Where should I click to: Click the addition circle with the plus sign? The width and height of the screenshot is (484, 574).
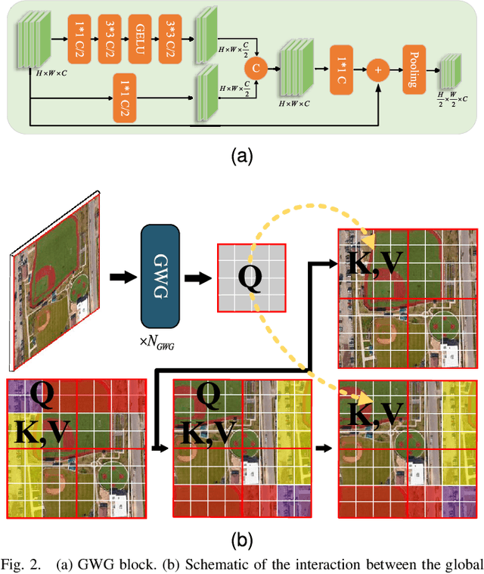(377, 70)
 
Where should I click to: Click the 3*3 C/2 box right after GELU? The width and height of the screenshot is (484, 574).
(174, 36)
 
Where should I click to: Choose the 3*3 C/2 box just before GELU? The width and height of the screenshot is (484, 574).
(107, 36)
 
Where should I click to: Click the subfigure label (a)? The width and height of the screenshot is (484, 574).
(241, 156)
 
